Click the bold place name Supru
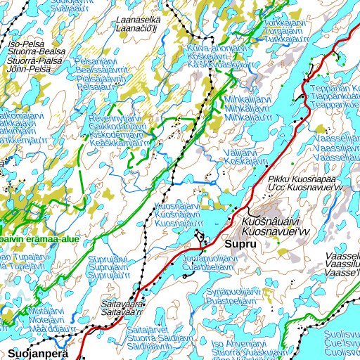point(240,245)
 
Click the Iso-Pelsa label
point(25,43)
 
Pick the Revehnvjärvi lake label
point(115,119)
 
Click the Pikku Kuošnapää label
point(303,180)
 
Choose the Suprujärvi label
point(108,259)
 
